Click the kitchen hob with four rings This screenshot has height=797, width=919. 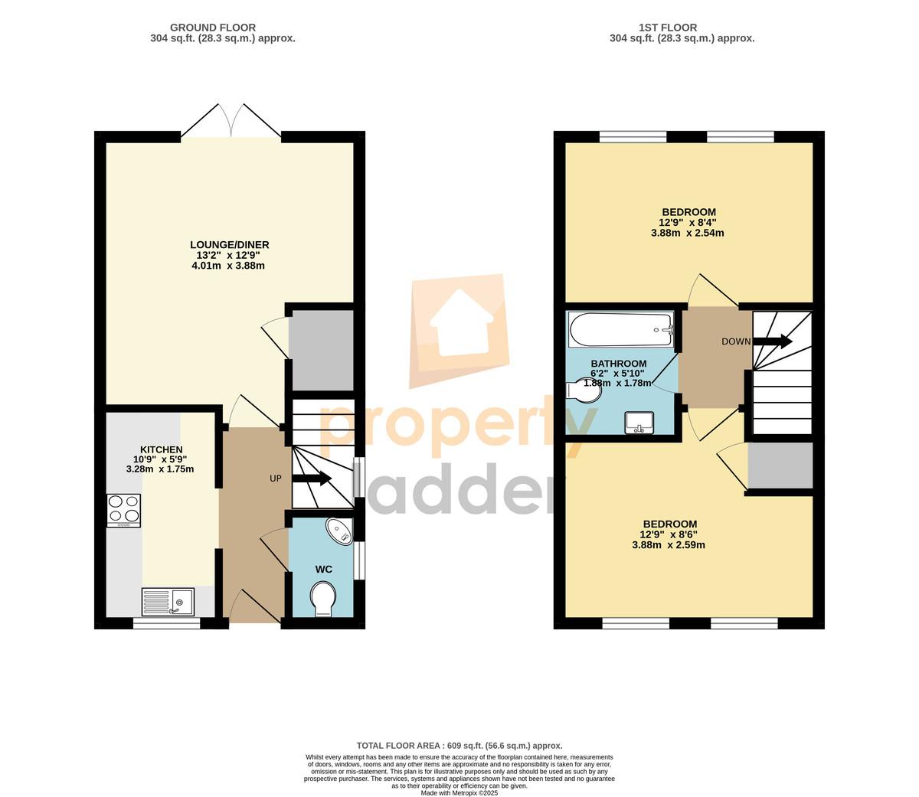click(x=123, y=511)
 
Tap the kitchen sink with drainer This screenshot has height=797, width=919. click(x=168, y=602)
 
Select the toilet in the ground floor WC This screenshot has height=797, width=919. click(x=323, y=599)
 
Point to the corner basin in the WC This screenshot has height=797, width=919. click(x=340, y=531)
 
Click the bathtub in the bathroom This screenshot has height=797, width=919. click(x=621, y=329)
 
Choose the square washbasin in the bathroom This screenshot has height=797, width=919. click(x=639, y=423)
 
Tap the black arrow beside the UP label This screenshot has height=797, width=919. click(x=312, y=479)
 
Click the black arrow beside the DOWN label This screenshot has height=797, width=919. click(x=772, y=341)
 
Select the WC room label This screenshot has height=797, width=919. click(x=323, y=570)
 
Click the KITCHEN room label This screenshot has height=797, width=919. click(x=162, y=449)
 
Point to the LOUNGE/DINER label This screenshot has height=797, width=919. click(x=230, y=245)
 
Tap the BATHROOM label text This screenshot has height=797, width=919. click(x=619, y=363)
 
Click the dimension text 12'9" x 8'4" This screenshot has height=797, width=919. click(x=688, y=222)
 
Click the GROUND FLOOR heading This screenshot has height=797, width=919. click(x=213, y=28)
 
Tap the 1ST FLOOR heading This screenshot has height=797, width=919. click(x=668, y=28)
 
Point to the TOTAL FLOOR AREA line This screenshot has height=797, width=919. click(x=459, y=746)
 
